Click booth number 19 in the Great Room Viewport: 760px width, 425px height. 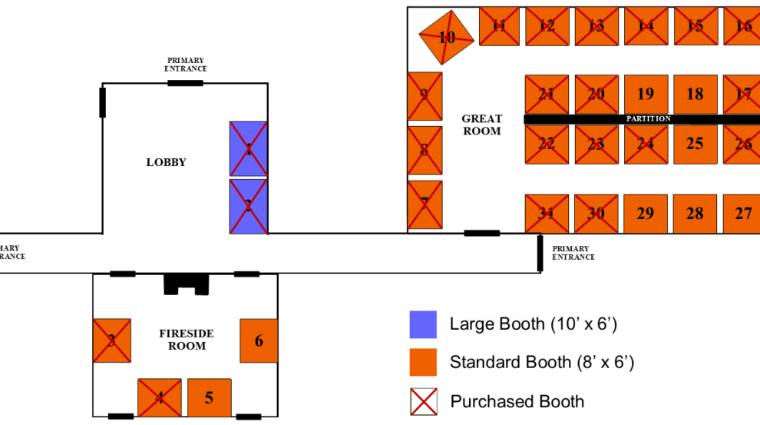pos(646,95)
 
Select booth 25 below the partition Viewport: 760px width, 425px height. pos(695,144)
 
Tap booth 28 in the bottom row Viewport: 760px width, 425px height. pos(695,214)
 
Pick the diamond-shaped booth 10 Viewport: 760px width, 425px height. pos(446,37)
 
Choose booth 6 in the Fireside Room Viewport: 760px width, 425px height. pos(259,340)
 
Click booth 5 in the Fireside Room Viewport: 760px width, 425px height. pos(209,398)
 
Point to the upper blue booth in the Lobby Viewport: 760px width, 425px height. pos(249,148)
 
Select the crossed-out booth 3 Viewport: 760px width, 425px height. pos(112,340)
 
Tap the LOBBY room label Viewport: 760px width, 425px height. pos(166,162)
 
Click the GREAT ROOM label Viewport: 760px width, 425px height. pos(481,125)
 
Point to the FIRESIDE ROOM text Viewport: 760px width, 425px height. pos(187,340)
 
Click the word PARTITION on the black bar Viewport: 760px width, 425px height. pos(649,119)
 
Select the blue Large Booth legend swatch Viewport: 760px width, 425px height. pos(423,324)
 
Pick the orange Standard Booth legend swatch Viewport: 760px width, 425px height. pos(423,362)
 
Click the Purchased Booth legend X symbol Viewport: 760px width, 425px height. pos(423,401)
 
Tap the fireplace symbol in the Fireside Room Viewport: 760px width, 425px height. pos(186,284)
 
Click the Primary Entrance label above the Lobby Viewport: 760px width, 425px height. pos(186,65)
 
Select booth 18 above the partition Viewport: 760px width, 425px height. pos(695,95)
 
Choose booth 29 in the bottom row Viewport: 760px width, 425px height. pos(646,214)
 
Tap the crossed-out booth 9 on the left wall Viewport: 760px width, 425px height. pos(425,96)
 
